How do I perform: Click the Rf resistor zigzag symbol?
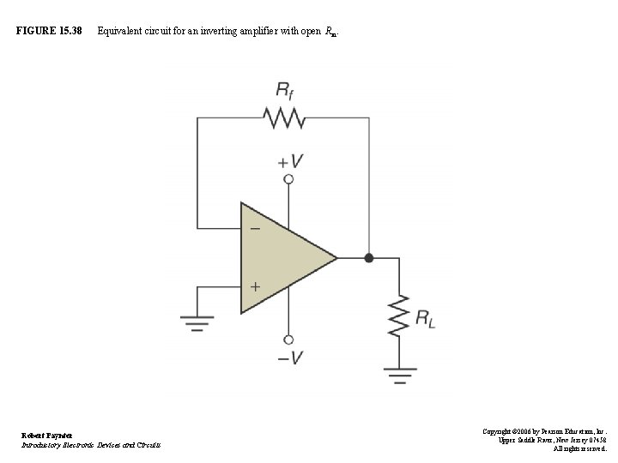(x=284, y=118)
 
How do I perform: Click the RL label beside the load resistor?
(x=425, y=319)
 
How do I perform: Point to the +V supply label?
(x=289, y=160)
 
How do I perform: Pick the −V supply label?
(x=289, y=358)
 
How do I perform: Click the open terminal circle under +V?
(x=289, y=179)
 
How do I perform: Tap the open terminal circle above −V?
(x=289, y=339)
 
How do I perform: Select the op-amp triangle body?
(x=279, y=257)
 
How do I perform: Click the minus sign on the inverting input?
(x=253, y=230)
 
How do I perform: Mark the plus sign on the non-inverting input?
(x=254, y=286)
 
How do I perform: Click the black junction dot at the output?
(x=369, y=257)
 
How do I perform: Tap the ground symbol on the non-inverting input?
(x=197, y=322)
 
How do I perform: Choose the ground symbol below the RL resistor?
(x=399, y=374)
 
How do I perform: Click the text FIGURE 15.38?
(x=49, y=32)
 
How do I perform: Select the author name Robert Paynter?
(x=47, y=435)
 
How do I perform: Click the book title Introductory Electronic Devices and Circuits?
(x=90, y=444)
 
